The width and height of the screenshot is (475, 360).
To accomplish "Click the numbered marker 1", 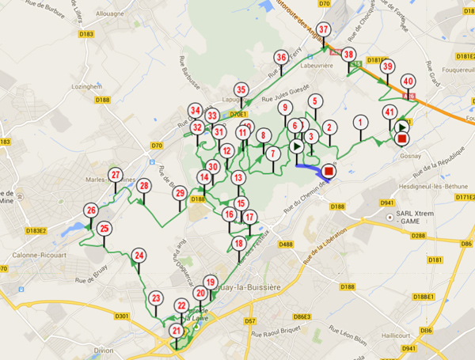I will (x=361, y=122).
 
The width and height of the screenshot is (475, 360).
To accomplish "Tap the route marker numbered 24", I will (x=139, y=256).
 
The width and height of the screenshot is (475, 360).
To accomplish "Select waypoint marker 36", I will (x=281, y=57).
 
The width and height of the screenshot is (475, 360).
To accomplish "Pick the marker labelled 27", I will (x=116, y=176).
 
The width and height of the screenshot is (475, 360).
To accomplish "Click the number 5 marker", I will (x=315, y=101).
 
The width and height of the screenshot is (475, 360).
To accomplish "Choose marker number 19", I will (x=210, y=282).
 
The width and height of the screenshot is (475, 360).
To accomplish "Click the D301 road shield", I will (x=121, y=316).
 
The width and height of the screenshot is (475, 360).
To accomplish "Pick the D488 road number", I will (x=285, y=244).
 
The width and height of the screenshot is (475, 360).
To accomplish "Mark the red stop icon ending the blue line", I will (x=329, y=171).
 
